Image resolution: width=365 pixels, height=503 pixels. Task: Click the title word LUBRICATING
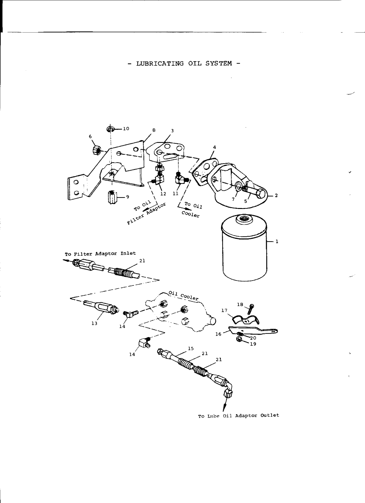click(x=160, y=64)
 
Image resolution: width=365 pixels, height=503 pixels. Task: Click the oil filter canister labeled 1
click(x=244, y=249)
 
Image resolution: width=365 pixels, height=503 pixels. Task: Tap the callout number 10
click(x=126, y=129)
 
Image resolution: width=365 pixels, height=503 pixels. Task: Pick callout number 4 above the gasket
click(x=214, y=147)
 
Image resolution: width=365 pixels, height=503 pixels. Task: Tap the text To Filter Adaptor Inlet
click(x=100, y=253)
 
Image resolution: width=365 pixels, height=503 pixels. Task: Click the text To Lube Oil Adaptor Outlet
click(x=239, y=415)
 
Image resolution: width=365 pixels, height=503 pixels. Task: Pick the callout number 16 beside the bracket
click(x=218, y=334)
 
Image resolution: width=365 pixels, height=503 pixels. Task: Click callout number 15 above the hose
click(x=191, y=348)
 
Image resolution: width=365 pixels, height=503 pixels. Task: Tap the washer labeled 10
click(x=110, y=128)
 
